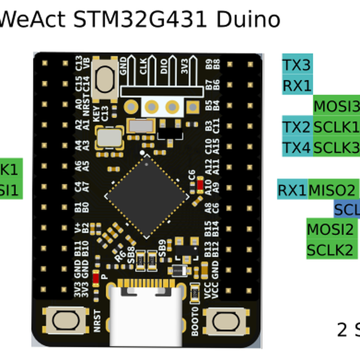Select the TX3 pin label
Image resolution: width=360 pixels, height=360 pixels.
(x=297, y=65)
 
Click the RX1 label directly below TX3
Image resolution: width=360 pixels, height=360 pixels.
(x=297, y=85)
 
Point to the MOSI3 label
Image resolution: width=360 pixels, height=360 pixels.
(x=336, y=106)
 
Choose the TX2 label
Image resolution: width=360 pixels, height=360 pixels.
(x=297, y=127)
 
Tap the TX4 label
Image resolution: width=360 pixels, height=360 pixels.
(x=297, y=147)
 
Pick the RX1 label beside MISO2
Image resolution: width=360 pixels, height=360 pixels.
(x=292, y=190)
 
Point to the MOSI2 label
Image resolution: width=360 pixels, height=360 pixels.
(x=330, y=229)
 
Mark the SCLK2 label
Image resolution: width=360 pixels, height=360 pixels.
(x=330, y=249)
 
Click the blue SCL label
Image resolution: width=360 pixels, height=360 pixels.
(x=347, y=209)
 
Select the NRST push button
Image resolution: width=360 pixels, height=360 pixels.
(x=67, y=320)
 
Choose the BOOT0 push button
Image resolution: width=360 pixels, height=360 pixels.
(x=226, y=320)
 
